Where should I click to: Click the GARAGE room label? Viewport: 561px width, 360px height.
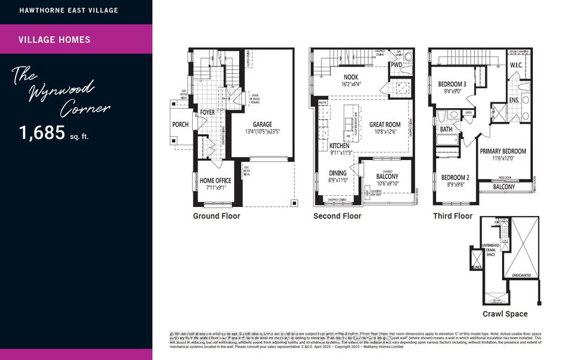click(257, 124)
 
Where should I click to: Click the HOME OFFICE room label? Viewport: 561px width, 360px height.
click(216, 180)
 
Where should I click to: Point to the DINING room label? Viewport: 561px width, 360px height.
click(338, 173)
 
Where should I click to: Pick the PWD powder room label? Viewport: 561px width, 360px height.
click(396, 65)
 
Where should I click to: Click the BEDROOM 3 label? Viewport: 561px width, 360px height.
click(452, 83)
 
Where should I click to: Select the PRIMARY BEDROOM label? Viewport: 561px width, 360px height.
click(503, 151)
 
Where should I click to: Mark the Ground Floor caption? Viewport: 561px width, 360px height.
click(216, 216)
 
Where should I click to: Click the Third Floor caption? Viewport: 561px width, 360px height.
click(452, 216)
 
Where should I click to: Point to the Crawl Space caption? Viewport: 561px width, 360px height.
click(506, 314)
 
